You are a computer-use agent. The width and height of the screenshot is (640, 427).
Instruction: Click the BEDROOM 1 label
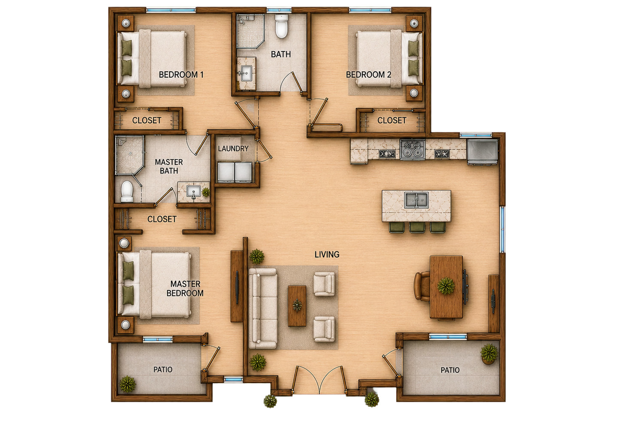(x=181, y=75)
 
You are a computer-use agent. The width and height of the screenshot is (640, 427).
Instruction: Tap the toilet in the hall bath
(x=282, y=26)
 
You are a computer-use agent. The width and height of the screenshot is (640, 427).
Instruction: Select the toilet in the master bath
(x=127, y=191)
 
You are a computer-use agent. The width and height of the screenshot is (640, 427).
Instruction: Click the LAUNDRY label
(x=233, y=149)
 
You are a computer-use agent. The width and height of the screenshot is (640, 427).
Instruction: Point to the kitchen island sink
(x=416, y=200)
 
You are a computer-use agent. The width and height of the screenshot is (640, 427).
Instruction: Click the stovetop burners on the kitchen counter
(x=413, y=149)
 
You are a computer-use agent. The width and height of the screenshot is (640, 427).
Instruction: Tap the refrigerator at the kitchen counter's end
(x=482, y=152)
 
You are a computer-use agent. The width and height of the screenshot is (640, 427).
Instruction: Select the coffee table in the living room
(x=297, y=306)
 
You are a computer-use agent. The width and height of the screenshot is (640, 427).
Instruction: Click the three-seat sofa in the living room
(x=263, y=308)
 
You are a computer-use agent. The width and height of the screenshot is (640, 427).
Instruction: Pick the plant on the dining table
(x=446, y=286)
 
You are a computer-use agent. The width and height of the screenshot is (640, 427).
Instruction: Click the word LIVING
(x=327, y=254)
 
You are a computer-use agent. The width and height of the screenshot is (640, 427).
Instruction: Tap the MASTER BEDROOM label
(x=185, y=288)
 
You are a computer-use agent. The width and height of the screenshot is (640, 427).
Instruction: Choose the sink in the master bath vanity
(x=194, y=191)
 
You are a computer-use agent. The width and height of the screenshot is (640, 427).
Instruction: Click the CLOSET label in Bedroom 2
(x=392, y=120)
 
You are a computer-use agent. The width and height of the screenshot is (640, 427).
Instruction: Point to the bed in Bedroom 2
(x=389, y=58)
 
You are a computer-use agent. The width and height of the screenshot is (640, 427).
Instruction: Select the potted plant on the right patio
(x=489, y=354)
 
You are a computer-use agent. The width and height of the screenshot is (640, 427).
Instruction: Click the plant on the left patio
(x=127, y=384)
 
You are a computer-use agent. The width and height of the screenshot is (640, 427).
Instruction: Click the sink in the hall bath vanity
(x=245, y=73)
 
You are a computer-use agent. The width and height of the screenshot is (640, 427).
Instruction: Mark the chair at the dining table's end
(x=422, y=286)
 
